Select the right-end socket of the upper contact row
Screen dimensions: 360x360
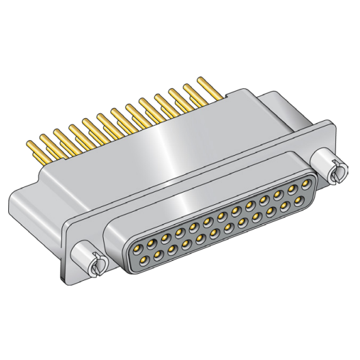306,184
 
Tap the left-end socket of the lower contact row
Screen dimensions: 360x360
144,260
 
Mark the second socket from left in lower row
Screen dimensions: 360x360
158,255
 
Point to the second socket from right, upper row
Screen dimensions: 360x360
292,189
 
